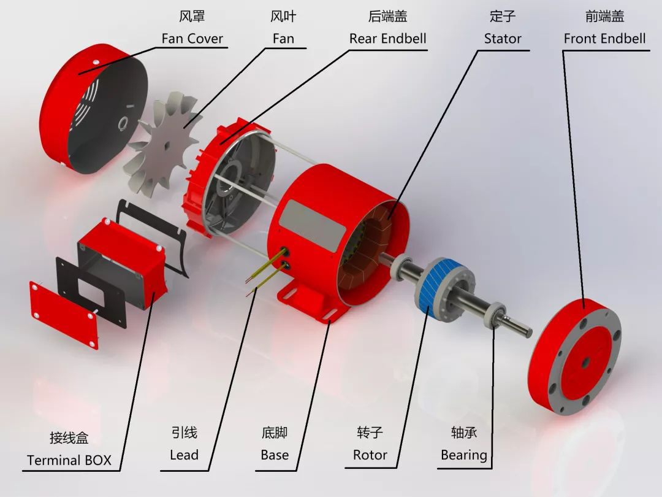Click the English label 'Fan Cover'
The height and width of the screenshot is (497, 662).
(192, 39)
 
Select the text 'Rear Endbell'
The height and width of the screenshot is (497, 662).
(387, 39)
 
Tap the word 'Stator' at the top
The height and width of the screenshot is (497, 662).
(503, 39)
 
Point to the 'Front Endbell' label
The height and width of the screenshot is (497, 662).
(604, 39)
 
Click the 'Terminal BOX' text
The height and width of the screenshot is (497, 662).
(69, 460)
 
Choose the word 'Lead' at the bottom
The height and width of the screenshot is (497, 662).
(184, 455)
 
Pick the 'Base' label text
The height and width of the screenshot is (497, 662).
(274, 455)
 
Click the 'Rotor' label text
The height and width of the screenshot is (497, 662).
(370, 455)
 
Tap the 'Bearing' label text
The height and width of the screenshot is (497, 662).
(464, 455)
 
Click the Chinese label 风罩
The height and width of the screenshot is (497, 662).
(192, 16)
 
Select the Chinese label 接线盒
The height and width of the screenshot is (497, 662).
(69, 437)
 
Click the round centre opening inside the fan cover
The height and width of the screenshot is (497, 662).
(124, 123)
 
